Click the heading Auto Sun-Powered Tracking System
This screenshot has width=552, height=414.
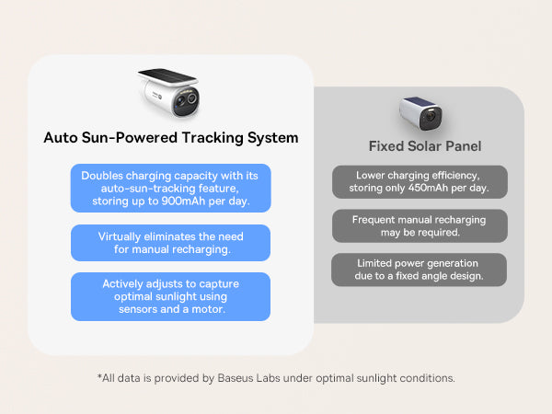[171, 138]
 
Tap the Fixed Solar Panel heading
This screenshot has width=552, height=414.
[425, 146]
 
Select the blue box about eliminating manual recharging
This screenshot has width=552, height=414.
[171, 243]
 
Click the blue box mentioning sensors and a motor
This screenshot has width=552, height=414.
[171, 296]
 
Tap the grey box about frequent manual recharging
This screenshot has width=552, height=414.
[420, 226]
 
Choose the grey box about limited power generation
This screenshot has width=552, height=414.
[419, 270]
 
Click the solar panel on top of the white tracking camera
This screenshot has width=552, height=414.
[167, 77]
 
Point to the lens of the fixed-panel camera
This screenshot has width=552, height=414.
[431, 117]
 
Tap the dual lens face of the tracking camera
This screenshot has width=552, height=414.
[186, 102]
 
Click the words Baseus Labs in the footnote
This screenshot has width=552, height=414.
[249, 378]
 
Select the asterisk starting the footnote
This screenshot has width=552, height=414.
[99, 376]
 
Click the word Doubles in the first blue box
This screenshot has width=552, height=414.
[102, 176]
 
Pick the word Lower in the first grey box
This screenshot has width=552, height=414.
[370, 176]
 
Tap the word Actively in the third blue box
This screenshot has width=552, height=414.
[122, 284]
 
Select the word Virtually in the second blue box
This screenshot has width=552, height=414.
[120, 237]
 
